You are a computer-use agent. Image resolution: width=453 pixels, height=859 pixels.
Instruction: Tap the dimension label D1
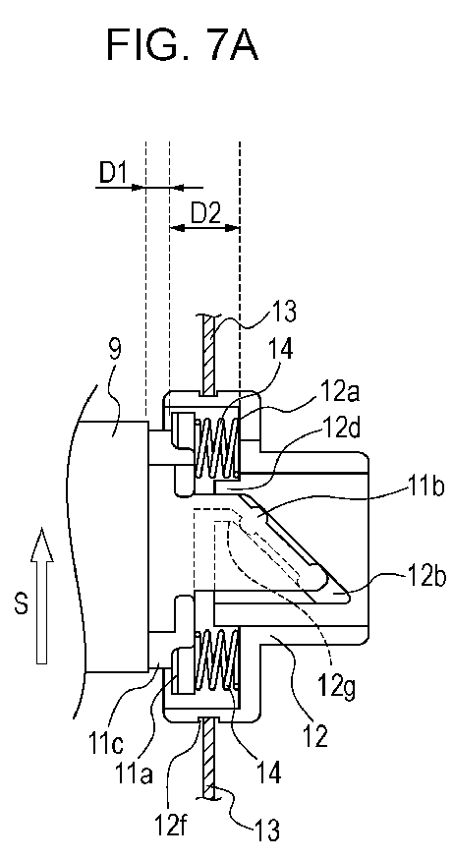(x=113, y=173)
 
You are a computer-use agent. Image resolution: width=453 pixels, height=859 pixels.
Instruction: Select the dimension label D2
(x=206, y=213)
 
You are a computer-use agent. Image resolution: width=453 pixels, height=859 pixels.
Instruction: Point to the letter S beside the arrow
(x=22, y=606)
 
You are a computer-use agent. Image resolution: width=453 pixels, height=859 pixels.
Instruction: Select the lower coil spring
(x=217, y=659)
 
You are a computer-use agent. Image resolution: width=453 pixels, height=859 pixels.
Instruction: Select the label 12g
(x=337, y=689)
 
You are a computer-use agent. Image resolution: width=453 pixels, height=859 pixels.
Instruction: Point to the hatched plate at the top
(x=206, y=354)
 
